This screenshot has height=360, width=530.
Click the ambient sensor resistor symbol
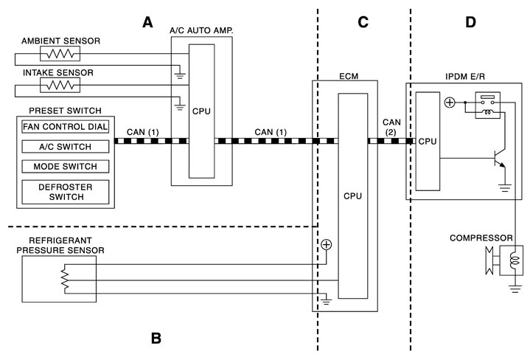[x=60, y=54]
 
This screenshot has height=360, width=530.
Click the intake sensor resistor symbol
[x=60, y=86]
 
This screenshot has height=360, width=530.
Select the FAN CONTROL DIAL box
[x=64, y=126]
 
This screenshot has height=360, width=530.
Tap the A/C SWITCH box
[x=64, y=146]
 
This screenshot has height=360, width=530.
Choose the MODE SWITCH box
[x=64, y=166]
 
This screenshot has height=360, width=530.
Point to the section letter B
[x=156, y=339]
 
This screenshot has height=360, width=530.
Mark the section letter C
[x=363, y=22]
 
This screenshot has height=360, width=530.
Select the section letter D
[x=471, y=22]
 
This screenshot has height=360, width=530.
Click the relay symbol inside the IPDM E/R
[x=487, y=105]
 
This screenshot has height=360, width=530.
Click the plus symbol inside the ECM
[x=326, y=244]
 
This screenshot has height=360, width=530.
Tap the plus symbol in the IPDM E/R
[x=449, y=103]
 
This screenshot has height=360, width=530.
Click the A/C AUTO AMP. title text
[x=201, y=30]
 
